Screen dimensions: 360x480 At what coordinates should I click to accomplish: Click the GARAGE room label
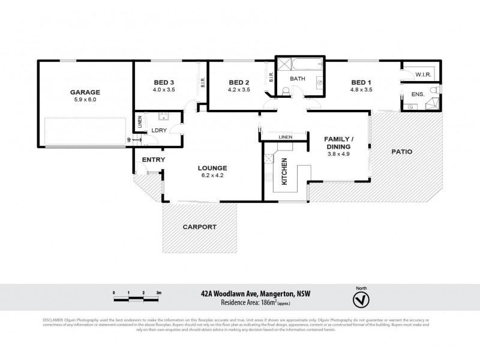85,92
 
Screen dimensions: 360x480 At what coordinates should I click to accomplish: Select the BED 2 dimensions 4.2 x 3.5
239,90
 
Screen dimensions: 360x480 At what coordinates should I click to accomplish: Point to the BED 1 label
362,82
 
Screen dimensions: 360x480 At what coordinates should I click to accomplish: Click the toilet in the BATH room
286,91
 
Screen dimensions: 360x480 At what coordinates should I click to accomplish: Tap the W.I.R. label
424,74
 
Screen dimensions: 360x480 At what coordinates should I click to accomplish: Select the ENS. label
418,95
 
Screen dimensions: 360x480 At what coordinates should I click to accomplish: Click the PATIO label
401,152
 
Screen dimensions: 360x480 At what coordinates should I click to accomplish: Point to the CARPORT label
200,227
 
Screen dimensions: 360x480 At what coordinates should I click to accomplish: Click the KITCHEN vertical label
284,170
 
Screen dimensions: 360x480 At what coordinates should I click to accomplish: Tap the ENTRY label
153,159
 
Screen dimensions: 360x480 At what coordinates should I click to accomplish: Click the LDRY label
159,130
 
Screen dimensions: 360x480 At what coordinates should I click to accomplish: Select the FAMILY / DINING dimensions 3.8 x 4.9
339,154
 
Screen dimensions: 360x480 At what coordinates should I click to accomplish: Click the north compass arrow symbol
361,299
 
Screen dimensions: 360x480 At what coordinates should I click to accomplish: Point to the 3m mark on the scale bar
158,292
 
